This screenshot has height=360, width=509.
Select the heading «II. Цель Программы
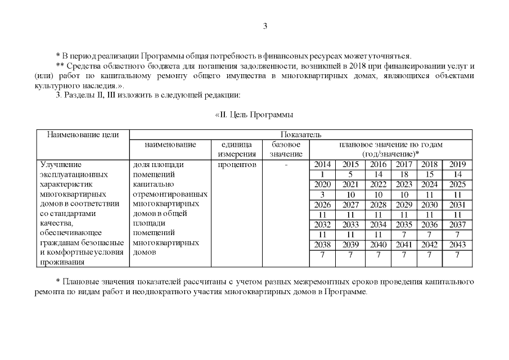point(254,115)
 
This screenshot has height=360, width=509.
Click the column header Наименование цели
point(83,135)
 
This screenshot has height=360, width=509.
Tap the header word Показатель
point(300,135)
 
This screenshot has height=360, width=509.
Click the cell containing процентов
point(237,165)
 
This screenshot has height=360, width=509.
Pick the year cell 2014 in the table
point(322,165)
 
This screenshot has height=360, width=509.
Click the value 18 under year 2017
point(404,174)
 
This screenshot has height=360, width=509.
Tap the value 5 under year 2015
point(350,174)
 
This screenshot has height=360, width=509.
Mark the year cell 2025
point(457,184)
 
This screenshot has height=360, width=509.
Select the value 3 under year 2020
point(322,194)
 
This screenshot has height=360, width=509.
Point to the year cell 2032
point(322,224)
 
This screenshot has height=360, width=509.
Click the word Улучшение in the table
point(61,165)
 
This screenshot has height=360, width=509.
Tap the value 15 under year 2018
point(430,174)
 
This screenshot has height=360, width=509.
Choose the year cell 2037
point(457,224)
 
